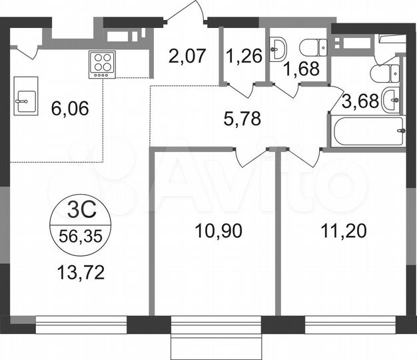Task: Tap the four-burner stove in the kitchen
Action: tap(102, 65)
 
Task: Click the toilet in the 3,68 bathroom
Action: tap(388, 72)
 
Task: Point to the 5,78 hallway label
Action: tap(241, 119)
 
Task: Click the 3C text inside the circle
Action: tap(81, 214)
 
